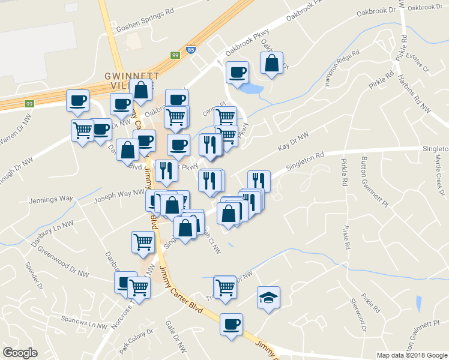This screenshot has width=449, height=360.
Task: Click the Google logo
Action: pyautogui.click(x=20, y=352)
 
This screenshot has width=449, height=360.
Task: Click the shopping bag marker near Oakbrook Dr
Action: pyautogui.click(x=272, y=63)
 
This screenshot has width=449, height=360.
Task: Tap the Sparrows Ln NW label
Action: pyautogui.click(x=89, y=325)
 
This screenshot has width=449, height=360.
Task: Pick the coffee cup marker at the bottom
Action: pyautogui.click(x=231, y=325)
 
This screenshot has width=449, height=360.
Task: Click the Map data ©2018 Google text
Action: pyautogui.click(x=412, y=355)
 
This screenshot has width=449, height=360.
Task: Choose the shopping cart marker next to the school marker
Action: pyautogui.click(x=225, y=286)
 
